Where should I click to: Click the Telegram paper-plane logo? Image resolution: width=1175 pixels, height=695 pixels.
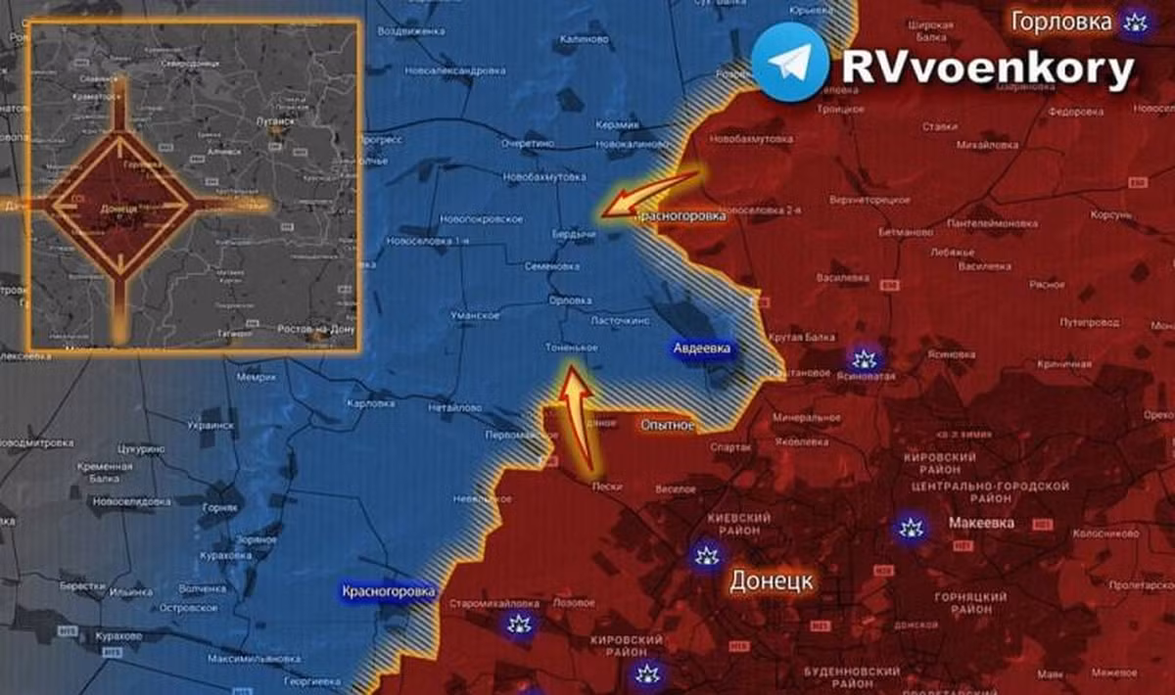point(790,62)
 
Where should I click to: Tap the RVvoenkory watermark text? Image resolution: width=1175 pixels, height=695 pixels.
point(987,69)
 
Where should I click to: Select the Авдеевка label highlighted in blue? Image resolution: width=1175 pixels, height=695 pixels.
point(701,348)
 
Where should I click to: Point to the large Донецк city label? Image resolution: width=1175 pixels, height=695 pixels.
point(771,580)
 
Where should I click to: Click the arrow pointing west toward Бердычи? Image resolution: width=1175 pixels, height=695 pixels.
point(650,192)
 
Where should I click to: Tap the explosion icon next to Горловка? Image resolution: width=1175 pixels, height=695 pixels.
point(1135,22)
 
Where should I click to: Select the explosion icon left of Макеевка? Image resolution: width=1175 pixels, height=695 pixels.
point(909,529)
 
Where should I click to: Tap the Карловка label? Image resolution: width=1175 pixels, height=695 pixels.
point(370,402)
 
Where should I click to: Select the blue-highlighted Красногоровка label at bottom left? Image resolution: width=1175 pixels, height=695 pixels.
point(388,591)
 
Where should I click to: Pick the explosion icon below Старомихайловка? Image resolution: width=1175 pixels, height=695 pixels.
point(519,625)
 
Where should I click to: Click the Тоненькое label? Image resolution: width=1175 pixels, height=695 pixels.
point(572,347)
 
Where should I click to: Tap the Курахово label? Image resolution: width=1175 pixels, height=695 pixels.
point(119,635)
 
